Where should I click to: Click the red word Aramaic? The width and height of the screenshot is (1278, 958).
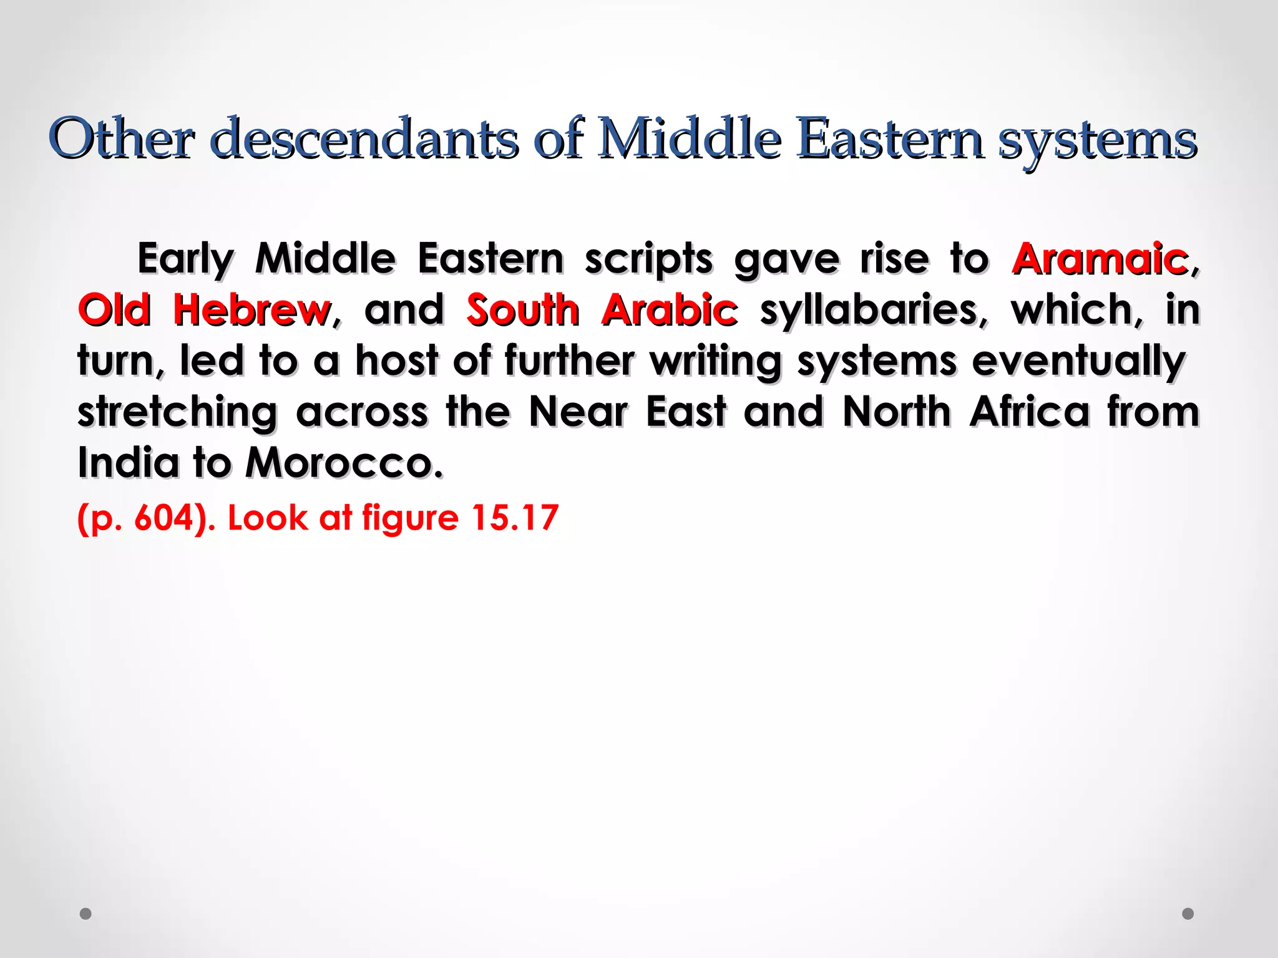tap(1100, 259)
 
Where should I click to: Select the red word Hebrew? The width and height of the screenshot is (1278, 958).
tap(252, 310)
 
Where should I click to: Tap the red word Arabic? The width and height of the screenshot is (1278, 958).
tap(670, 310)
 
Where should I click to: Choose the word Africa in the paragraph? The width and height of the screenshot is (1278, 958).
tap(1030, 412)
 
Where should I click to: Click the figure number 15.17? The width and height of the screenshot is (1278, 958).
tap(514, 518)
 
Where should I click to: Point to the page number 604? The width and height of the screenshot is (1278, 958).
tap(164, 518)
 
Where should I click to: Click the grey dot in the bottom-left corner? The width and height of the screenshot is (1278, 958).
tap(86, 914)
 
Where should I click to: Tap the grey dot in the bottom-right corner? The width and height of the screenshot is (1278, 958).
tap(1188, 914)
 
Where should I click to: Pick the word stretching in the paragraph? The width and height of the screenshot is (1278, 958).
tap(177, 414)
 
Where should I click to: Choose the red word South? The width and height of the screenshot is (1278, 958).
tap(523, 310)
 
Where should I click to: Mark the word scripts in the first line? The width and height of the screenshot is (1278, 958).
tap(648, 260)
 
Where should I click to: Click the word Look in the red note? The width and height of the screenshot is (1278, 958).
tap(267, 518)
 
